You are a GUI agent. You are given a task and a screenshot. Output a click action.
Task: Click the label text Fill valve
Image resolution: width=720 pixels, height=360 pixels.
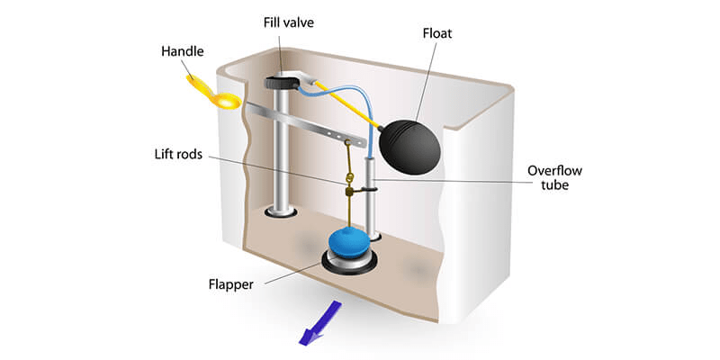pyautogui.click(x=288, y=22)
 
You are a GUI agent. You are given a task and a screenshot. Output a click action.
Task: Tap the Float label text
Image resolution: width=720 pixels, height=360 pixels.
pyautogui.click(x=437, y=33)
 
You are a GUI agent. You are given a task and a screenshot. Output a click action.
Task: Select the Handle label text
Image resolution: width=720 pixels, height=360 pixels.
pyautogui.click(x=183, y=51)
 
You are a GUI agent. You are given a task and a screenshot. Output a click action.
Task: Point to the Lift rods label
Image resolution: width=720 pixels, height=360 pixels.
pyautogui.click(x=178, y=154)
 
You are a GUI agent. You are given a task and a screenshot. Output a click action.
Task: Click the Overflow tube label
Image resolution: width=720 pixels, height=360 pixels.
pyautogui.click(x=554, y=178)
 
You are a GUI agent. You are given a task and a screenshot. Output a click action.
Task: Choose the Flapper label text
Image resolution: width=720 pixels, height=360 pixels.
pyautogui.click(x=231, y=284)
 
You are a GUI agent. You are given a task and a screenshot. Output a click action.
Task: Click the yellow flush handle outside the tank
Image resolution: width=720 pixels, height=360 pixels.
pyautogui.click(x=213, y=93)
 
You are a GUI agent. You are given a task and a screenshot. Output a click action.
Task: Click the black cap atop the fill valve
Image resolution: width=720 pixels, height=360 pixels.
pyautogui.click(x=282, y=82)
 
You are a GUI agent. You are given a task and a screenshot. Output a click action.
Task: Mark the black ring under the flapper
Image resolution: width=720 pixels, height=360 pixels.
pyautogui.click(x=350, y=263)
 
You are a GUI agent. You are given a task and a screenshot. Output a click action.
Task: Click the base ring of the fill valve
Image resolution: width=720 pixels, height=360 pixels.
pyautogui.click(x=281, y=211)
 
